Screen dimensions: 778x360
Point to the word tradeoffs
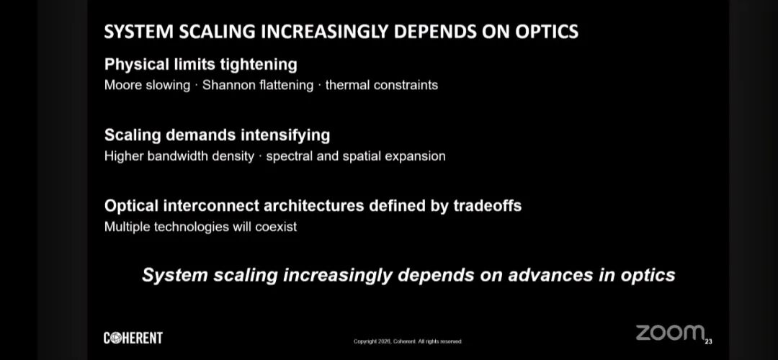[487, 206]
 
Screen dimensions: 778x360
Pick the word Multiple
[127, 227]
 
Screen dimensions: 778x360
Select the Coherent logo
[133, 338]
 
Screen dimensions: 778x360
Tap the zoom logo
[671, 333]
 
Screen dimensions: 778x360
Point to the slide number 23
[709, 341]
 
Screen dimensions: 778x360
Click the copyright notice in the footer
[407, 341]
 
